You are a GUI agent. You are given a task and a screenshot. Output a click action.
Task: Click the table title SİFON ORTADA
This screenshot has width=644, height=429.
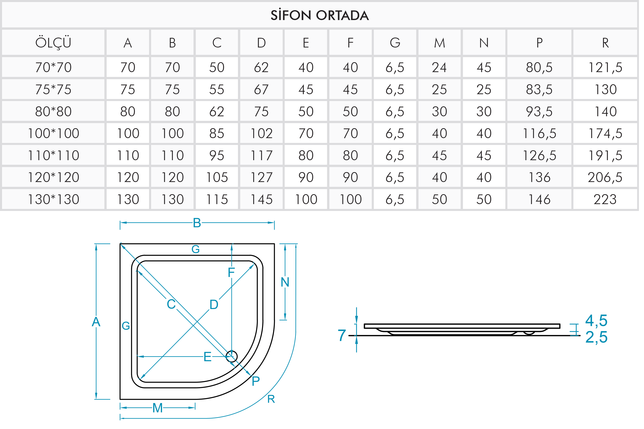319,15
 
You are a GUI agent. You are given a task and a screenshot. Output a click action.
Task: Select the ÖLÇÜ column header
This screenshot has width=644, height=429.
53,43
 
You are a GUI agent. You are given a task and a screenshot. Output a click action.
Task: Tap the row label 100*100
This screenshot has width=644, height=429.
53,134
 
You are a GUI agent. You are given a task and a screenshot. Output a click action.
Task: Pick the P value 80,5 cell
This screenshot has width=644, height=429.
539,67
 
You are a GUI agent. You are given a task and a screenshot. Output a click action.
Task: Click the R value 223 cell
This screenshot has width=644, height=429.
605,200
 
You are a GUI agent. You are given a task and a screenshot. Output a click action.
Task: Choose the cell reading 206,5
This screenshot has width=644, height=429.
605,177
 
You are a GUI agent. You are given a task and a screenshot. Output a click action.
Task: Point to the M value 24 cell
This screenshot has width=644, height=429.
439,67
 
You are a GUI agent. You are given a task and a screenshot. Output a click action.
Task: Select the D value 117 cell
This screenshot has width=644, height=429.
261,156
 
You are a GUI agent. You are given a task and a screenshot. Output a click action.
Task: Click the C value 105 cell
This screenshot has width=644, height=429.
217,177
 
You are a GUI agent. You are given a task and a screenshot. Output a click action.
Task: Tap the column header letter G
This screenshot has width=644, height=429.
395,43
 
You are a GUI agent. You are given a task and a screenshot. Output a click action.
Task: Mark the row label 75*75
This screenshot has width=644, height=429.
53,89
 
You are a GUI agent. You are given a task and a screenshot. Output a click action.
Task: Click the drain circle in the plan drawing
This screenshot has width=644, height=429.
232,357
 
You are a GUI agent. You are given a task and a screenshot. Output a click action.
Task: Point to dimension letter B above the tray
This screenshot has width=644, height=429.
197,223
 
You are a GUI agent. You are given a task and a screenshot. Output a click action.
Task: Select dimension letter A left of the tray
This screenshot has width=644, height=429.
96,322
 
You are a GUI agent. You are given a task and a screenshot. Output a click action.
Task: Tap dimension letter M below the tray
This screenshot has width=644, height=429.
158,408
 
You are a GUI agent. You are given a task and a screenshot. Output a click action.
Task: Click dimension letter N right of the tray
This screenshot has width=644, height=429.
285,282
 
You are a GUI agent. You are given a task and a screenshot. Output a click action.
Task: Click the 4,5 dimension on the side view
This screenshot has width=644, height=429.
596,320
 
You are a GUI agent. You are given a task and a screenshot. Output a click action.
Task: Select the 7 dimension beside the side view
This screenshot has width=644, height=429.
342,335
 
